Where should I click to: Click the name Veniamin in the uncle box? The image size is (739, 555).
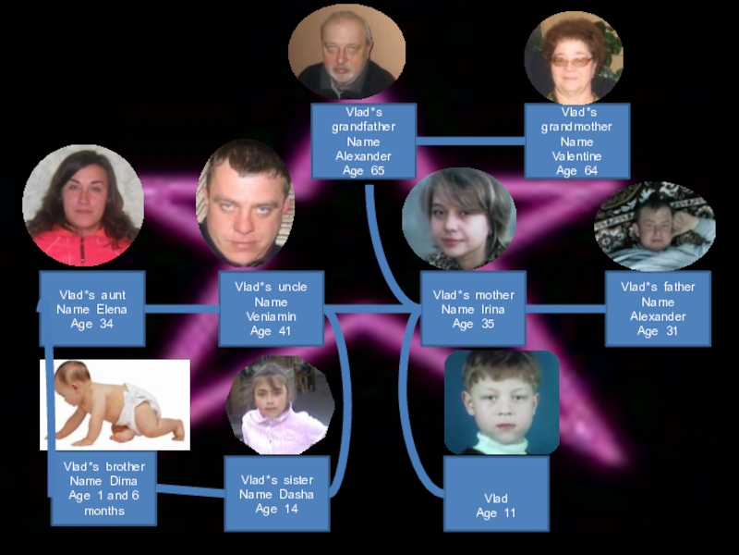coord(271,316)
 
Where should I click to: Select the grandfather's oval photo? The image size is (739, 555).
coord(346,52)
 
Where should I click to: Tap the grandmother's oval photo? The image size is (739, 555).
coord(574,56)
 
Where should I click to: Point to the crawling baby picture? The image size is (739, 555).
coord(115,404)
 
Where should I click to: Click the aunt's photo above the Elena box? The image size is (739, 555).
coord(83,205)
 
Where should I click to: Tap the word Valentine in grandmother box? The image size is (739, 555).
coord(577,156)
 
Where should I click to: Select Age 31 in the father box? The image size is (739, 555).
coord(659,331)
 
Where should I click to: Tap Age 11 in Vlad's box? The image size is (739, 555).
coord(496,513)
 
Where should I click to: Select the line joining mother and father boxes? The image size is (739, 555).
coord(565,309)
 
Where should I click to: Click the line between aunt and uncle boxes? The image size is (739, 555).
coord(181,309)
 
